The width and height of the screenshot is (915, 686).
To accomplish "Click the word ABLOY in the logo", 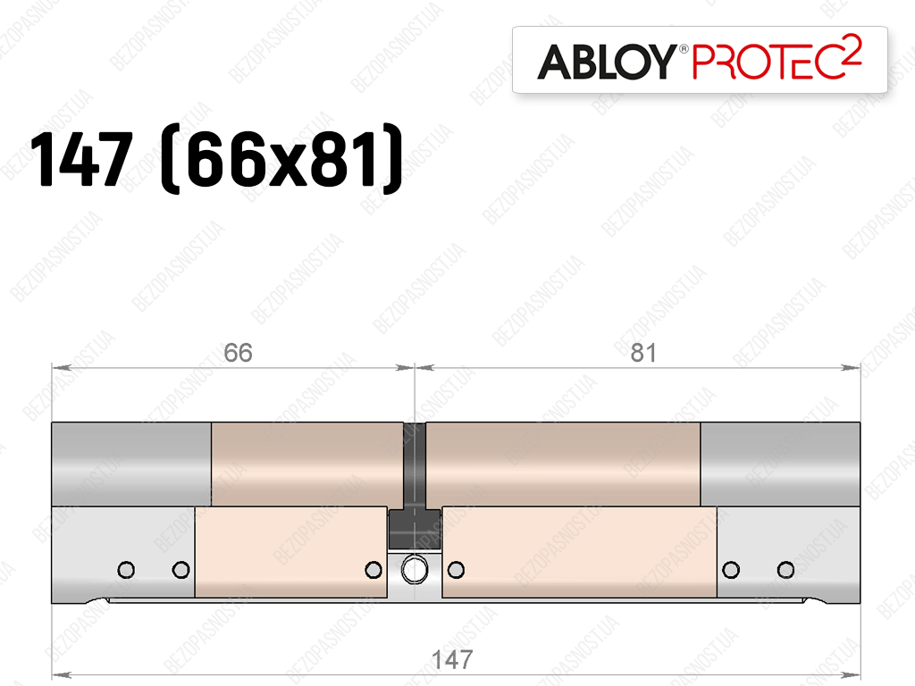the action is click(x=607, y=62).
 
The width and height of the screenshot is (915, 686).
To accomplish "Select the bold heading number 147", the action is click(x=81, y=159).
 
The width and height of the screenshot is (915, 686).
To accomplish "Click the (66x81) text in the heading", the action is click(x=281, y=159).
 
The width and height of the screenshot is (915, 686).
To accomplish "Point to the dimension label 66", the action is click(x=238, y=353).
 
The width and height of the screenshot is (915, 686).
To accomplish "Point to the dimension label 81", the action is click(x=643, y=353).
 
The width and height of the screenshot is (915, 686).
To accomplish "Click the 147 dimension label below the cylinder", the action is click(x=451, y=660).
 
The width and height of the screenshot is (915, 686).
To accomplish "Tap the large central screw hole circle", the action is click(x=415, y=569).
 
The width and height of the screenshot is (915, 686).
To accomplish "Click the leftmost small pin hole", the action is click(x=126, y=569).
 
